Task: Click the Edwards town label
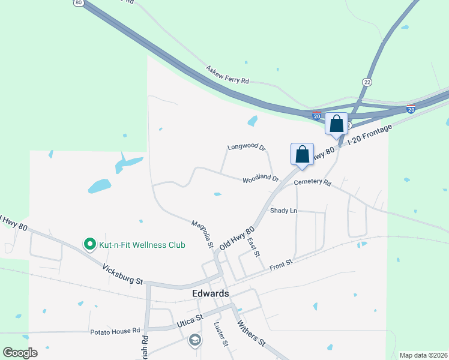coord(211,293)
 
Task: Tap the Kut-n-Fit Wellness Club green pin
coord(90,244)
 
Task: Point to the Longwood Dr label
coord(246,147)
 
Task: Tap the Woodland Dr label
coord(261,179)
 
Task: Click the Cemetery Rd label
coord(313,182)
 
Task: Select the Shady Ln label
coord(283,211)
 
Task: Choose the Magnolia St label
coord(202,233)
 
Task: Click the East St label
coord(253,247)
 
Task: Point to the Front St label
coord(280,265)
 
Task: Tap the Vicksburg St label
coord(122,274)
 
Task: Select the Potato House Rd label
coord(115,331)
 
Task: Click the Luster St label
coord(221,334)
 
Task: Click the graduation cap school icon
coord(194,341)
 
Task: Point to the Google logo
coord(20,353)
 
